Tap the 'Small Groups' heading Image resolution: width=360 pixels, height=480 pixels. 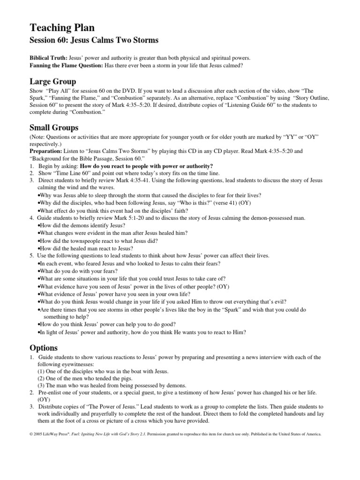[54, 127]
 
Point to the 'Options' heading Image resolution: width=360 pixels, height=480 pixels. [44, 347]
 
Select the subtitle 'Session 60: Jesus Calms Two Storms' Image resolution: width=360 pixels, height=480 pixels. [94, 40]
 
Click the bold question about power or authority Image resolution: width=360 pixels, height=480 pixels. [146, 166]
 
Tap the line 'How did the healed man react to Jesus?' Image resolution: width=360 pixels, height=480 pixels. [92, 248]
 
